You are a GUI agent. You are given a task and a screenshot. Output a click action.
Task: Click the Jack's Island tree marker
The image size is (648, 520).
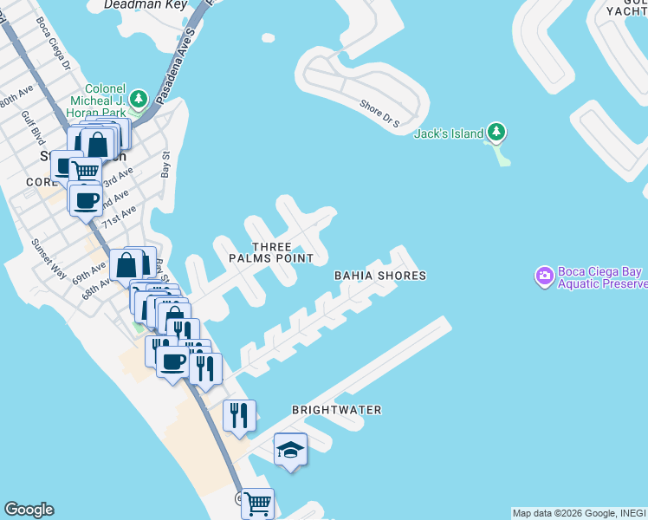[x=496, y=133]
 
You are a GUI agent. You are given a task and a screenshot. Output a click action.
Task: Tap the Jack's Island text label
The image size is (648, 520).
[x=448, y=133]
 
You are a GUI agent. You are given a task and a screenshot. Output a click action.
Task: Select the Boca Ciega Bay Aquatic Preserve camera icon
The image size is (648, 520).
[x=545, y=276]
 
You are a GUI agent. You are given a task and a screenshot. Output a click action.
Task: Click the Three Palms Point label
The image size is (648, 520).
[x=271, y=253]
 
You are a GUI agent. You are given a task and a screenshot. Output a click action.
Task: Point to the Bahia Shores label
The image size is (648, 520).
[x=380, y=276]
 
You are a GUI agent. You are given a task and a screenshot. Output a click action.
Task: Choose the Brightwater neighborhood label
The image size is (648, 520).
[x=337, y=409]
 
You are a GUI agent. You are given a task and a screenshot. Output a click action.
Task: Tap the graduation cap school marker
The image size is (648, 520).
[x=291, y=449]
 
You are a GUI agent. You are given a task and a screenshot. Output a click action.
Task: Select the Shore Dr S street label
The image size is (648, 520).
[x=379, y=114]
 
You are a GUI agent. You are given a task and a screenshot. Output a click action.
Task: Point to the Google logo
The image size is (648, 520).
[x=29, y=510]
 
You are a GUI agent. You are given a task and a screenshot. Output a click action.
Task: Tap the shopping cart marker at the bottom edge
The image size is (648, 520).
[x=258, y=502]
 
